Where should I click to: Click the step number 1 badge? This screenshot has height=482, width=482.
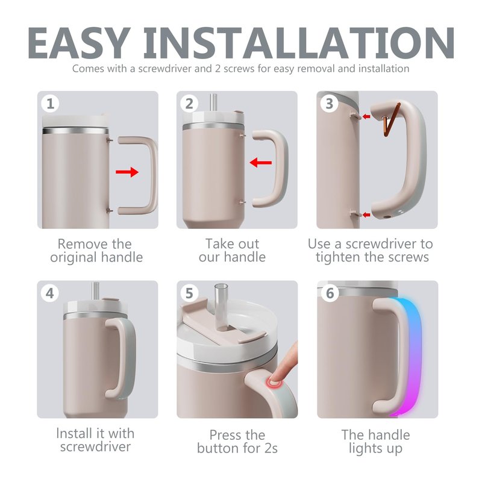click(51, 103)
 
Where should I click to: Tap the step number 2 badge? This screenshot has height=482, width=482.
click(189, 103)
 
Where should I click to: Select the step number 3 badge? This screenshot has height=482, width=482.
click(329, 103)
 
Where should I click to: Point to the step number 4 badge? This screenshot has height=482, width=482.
click(50, 293)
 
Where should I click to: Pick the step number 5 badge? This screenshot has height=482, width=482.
click(189, 293)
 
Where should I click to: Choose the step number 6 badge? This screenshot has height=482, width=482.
click(330, 293)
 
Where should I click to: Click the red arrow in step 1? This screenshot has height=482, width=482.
click(127, 172)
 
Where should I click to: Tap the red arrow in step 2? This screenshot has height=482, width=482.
click(261, 162)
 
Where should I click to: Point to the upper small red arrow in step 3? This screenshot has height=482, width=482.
click(366, 116)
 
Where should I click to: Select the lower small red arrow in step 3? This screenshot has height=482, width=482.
click(366, 214)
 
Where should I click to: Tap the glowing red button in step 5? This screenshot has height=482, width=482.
click(273, 384)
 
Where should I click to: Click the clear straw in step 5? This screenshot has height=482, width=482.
click(221, 306)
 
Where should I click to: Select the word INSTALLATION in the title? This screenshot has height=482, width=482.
click(299, 43)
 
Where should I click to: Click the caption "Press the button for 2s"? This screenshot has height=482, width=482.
click(237, 442)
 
